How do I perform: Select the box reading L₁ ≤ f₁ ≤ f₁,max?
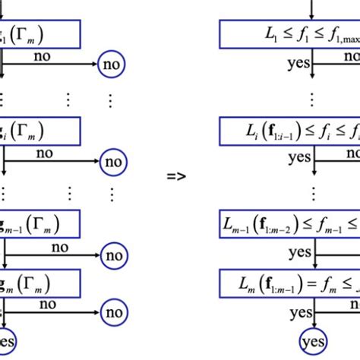pos(289,35)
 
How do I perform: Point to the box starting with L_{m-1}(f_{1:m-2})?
pos(289,224)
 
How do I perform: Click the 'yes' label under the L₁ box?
pos(299,65)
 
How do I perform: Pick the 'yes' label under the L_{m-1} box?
pos(299,251)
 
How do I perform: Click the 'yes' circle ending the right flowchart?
pos(313,339)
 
